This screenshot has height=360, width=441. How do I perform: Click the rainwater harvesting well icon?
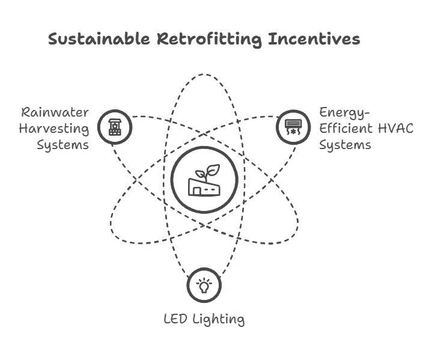[114, 127]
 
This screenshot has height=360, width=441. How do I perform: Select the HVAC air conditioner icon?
[293, 127]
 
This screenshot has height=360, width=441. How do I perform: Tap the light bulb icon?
[204, 285]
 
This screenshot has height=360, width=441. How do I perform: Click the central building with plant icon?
[204, 180]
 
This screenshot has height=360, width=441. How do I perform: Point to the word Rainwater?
[55, 112]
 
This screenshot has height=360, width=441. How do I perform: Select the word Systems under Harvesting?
[63, 145]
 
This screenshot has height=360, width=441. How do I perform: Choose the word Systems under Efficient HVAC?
[344, 145]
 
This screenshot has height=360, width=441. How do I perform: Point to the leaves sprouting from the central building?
[208, 171]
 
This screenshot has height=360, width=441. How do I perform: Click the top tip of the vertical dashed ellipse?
[204, 75]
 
